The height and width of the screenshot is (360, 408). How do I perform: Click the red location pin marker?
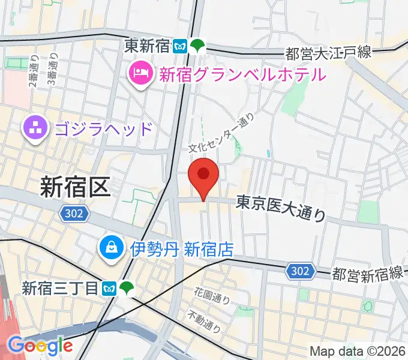point(203,175)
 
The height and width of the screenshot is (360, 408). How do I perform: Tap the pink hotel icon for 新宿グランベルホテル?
point(139,74)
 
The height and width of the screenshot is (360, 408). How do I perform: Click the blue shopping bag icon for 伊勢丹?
point(112,247)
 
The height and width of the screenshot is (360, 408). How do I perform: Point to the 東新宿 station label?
point(148,45)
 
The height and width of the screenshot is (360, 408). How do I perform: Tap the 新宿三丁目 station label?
point(60,289)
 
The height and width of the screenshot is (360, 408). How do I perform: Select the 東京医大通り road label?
point(280,208)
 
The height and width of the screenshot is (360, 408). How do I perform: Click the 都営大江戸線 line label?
point(328,53)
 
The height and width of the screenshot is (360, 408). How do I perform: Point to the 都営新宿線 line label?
point(367,274)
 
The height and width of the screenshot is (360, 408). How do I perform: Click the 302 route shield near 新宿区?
point(75,212)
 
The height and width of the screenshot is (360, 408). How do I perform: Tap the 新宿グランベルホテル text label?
point(242,74)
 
